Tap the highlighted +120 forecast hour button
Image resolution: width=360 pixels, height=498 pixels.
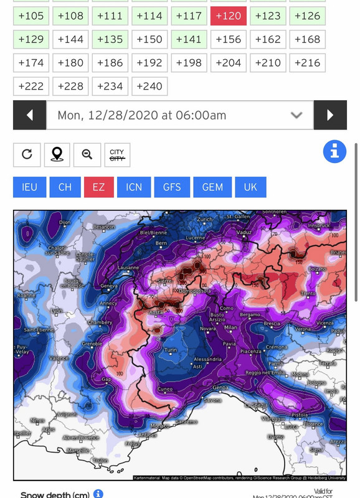(x=228, y=16)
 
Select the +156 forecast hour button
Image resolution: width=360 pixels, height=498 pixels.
(x=228, y=39)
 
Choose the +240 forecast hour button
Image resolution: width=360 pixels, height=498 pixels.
(x=149, y=86)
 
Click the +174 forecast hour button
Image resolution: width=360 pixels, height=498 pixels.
(x=31, y=63)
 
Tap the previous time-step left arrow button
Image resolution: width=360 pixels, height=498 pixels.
(x=29, y=115)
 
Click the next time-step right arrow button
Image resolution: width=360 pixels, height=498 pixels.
(x=330, y=115)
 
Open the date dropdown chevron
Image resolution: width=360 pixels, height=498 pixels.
(x=296, y=115)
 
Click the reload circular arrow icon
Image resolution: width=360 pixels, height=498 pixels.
(x=27, y=155)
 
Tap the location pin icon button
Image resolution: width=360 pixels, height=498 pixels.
(x=57, y=155)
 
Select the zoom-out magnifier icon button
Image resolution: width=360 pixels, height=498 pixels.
(x=87, y=155)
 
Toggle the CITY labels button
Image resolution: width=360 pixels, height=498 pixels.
(x=117, y=155)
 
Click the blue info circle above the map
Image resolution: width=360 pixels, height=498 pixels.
(x=334, y=151)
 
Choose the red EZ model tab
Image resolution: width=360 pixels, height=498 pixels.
(x=98, y=187)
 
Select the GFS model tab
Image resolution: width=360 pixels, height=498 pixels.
(x=172, y=187)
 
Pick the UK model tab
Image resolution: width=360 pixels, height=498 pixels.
(x=250, y=187)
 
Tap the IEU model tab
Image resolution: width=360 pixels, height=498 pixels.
(x=30, y=187)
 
